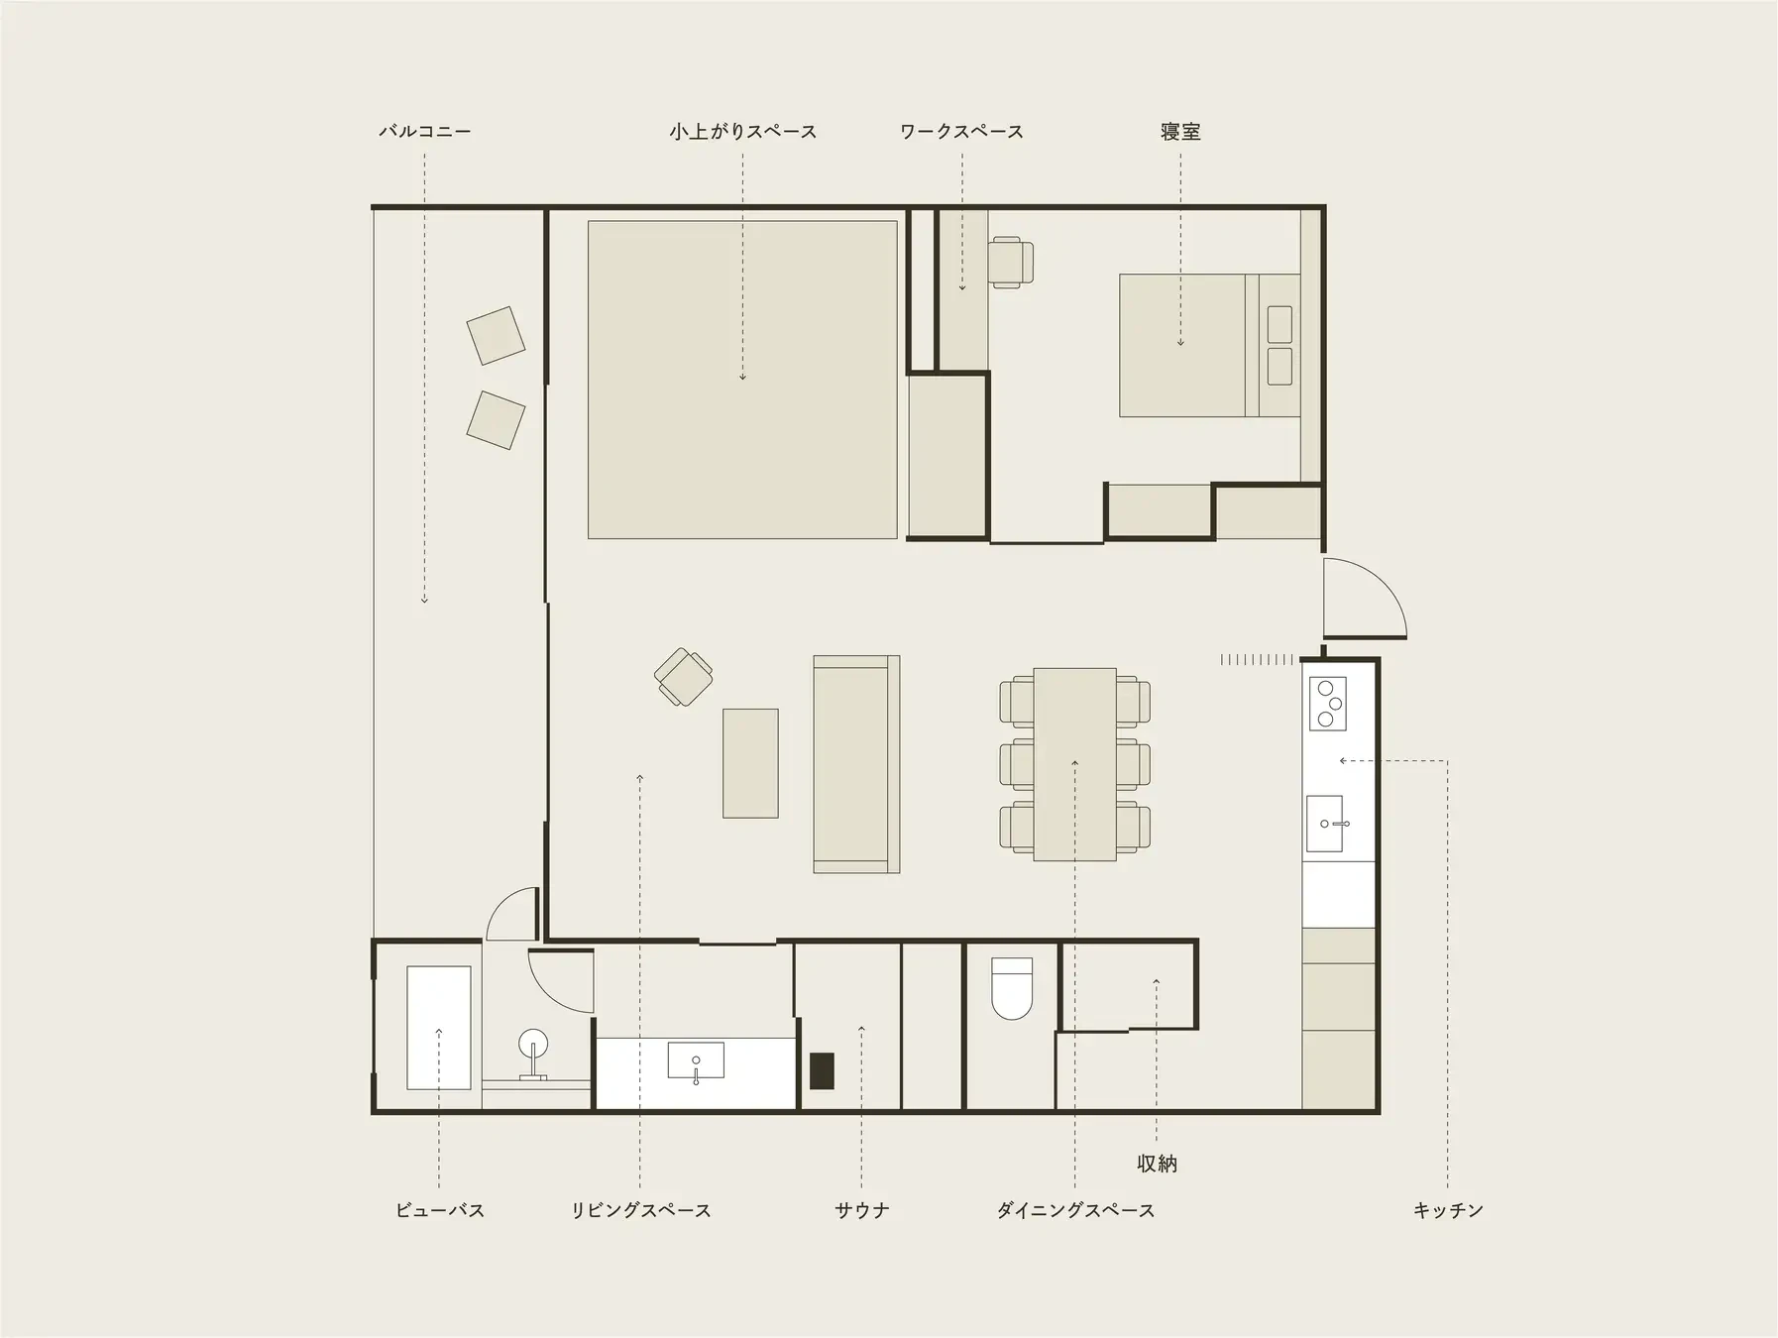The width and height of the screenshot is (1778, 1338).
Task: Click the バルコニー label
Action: coord(424,131)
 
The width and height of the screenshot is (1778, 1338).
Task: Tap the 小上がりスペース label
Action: coord(742,131)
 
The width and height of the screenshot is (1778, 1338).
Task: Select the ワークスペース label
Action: coord(961,131)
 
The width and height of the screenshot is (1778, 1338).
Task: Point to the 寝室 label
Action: coord(1180,131)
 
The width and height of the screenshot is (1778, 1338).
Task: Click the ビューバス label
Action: coord(439,1210)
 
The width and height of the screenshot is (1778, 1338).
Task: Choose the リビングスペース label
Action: coord(640,1210)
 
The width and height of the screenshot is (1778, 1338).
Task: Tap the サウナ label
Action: coord(861,1210)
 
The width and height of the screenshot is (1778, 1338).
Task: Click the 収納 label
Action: coord(1157,1164)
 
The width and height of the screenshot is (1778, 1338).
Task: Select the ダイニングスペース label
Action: coord(1075,1210)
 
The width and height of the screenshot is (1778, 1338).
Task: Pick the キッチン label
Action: coord(1448,1210)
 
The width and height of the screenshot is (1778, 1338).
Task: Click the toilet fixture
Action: coord(1012,988)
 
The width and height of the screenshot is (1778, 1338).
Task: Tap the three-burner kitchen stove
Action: coord(1328,704)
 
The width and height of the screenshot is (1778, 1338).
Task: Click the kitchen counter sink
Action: coord(1325,824)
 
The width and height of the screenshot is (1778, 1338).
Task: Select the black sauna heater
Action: coord(822,1070)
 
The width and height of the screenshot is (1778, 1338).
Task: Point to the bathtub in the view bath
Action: coord(439,1028)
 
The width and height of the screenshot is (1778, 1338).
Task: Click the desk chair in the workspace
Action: coord(1011,263)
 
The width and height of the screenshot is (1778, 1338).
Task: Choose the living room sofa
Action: coord(856,764)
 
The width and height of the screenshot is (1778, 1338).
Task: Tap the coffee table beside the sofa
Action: coord(750,763)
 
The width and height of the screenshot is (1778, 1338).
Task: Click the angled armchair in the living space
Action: coord(684,677)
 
